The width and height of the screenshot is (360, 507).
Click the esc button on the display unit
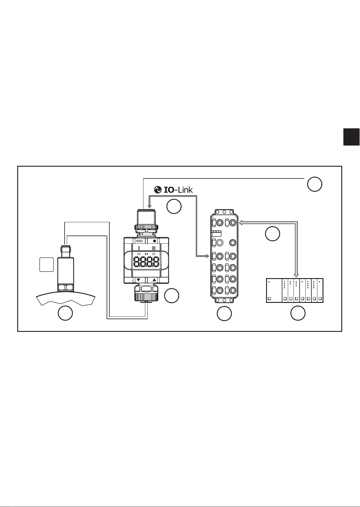tap(140, 241)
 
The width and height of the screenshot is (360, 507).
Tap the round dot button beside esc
tap(155, 241)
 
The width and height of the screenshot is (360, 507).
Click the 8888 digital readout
tap(146, 262)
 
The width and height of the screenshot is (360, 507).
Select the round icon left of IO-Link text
tap(158, 190)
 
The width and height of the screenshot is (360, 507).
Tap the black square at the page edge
tap(352, 137)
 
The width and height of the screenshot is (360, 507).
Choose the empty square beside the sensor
tap(47, 264)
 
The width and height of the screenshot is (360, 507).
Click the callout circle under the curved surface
tap(66, 313)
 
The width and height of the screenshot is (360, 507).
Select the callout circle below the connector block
tap(224, 313)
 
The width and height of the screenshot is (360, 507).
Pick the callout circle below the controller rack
tap(298, 313)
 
